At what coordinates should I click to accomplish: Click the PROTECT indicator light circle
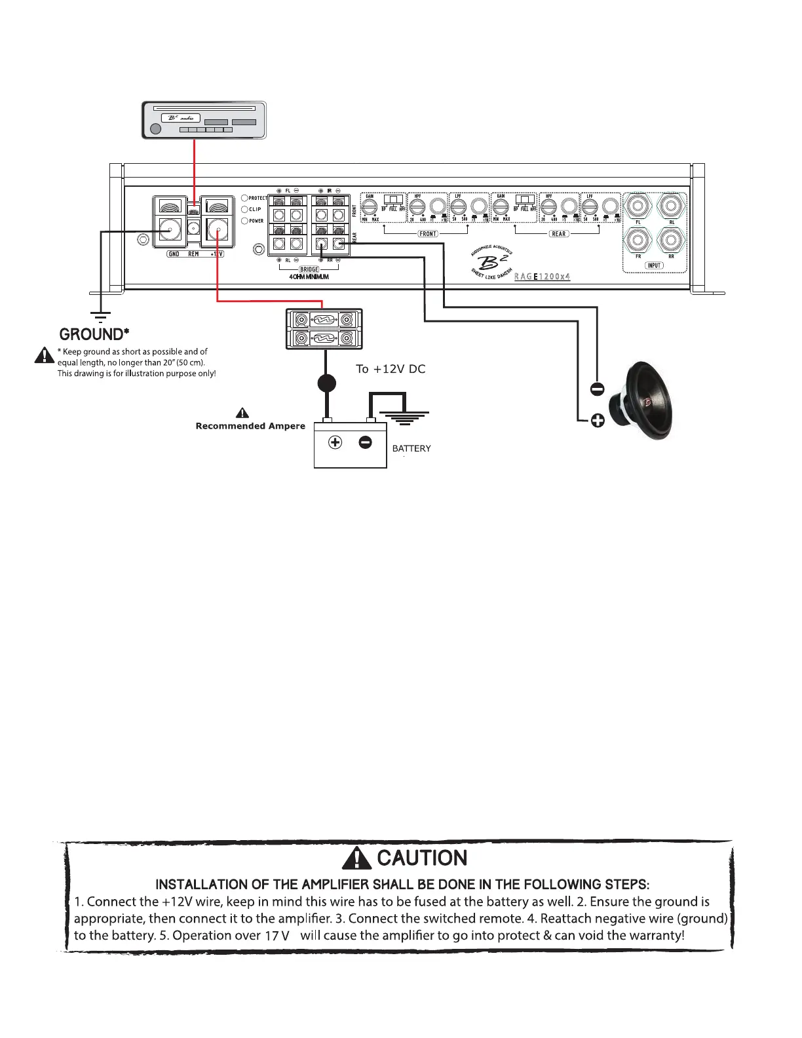(x=244, y=198)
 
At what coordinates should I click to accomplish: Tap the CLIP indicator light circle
(x=244, y=209)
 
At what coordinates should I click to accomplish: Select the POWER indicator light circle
(x=244, y=221)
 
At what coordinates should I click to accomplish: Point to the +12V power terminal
(x=217, y=229)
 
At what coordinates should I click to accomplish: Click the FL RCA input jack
(x=638, y=206)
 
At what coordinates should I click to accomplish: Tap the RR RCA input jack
(x=671, y=240)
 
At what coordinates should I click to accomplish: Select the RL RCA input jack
(x=671, y=206)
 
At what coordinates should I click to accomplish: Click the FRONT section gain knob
(x=370, y=208)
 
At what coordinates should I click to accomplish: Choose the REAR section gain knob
(x=501, y=208)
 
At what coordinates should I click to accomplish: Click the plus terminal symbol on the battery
(x=335, y=442)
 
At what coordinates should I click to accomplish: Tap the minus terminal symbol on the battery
(x=366, y=442)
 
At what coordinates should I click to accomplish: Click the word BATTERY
(x=411, y=448)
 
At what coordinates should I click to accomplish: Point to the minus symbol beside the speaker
(x=597, y=389)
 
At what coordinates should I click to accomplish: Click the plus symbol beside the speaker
(x=597, y=421)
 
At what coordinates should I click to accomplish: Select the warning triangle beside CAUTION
(x=361, y=857)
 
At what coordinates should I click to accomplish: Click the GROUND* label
(x=91, y=334)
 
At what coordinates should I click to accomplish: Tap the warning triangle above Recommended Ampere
(x=242, y=413)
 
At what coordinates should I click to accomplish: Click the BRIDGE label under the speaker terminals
(x=309, y=269)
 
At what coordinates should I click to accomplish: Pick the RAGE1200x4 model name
(x=542, y=277)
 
